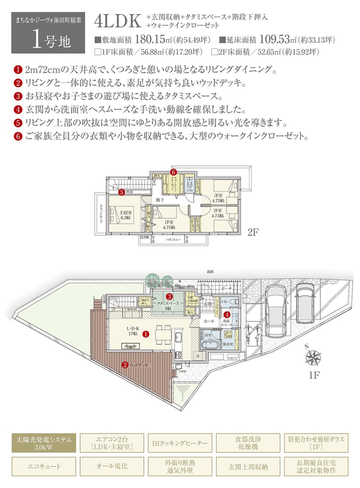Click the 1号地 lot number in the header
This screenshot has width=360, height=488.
click(x=51, y=40)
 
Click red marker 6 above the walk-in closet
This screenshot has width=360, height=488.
click(x=174, y=172)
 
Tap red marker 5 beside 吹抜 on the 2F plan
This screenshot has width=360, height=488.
click(x=121, y=192)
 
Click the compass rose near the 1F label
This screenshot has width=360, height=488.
click(x=313, y=357)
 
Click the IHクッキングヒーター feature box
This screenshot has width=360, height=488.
click(x=180, y=443)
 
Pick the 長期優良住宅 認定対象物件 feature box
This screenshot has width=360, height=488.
click(x=316, y=467)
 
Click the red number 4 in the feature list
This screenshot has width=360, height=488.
click(x=18, y=110)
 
